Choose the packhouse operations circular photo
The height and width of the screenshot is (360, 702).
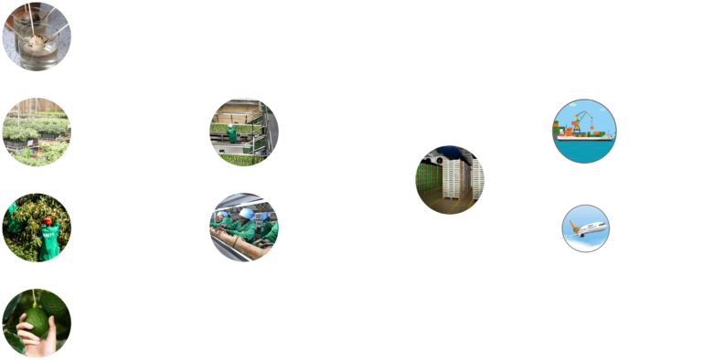click(243, 132)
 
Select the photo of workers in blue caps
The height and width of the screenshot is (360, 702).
click(243, 227)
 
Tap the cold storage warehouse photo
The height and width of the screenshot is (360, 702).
click(449, 179)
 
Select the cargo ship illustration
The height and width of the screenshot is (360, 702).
click(585, 131)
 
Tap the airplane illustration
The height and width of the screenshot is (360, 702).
click(585, 227)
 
